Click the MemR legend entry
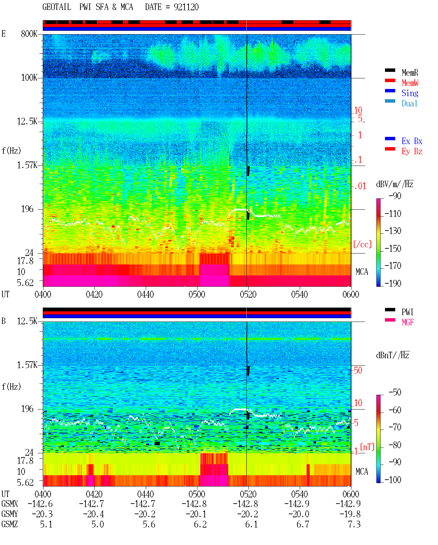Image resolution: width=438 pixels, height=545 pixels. (410, 73)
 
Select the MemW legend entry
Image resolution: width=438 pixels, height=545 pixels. (410, 83)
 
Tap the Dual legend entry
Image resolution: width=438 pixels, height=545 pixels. (409, 103)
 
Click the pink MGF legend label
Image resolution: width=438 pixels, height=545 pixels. (408, 322)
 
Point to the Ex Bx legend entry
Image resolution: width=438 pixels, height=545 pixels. (412, 141)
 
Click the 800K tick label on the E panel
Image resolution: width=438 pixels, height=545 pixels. (29, 34)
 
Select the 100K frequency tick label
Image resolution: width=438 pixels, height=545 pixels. (29, 78)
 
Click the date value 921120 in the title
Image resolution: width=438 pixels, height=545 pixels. (186, 7)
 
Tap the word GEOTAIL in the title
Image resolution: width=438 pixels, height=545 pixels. (57, 7)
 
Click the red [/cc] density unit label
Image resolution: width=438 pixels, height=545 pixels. (362, 244)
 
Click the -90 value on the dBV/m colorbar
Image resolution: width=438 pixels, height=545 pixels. (395, 196)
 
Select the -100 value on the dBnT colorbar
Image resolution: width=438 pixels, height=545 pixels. (393, 480)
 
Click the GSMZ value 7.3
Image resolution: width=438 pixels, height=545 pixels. (354, 524)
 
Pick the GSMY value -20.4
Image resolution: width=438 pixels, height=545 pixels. (93, 514)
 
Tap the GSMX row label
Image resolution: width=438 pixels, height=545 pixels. (10, 504)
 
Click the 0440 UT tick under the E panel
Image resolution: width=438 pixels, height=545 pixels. (145, 294)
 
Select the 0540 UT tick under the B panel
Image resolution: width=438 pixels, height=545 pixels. (299, 494)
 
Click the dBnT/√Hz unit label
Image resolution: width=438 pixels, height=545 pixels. (393, 355)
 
